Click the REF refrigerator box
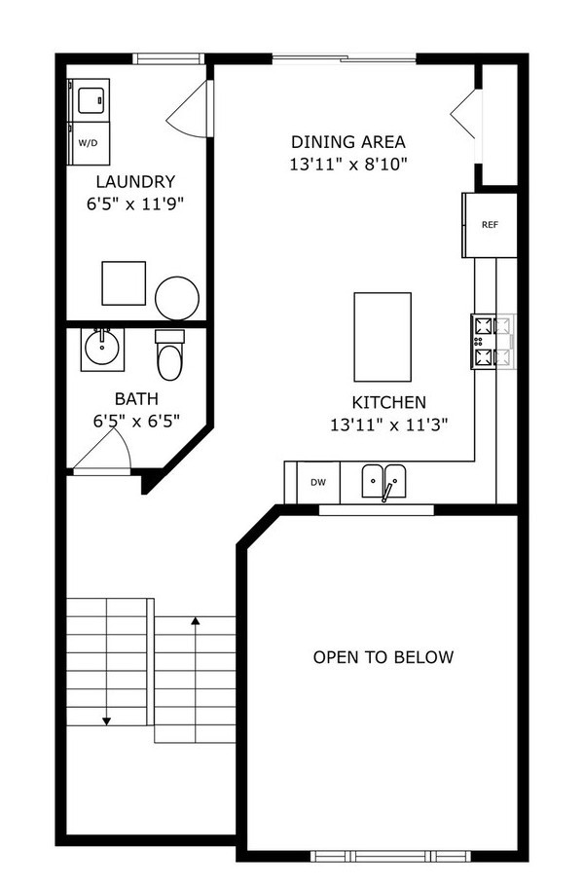490,225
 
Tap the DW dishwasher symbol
317,482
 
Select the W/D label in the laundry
89,143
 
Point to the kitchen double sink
386,482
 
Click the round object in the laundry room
177,298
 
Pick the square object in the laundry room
124,283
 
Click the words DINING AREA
347,141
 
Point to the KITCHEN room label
388,401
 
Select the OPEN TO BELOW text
383,657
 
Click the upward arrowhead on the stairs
196,619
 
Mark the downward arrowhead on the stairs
106,721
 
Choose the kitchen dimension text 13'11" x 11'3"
388,424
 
